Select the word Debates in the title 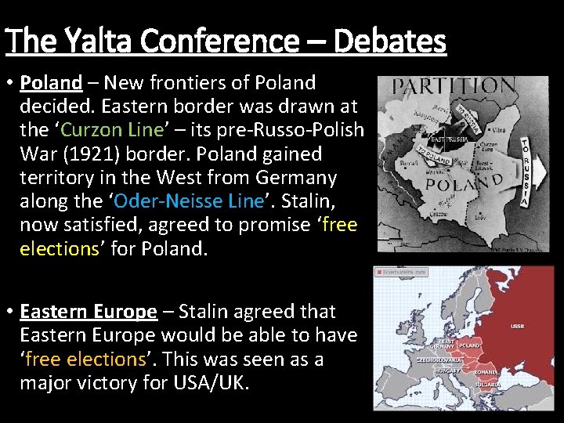point(389,40)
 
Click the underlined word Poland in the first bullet point(51,82)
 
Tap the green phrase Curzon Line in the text point(100,129)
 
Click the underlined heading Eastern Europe point(89,311)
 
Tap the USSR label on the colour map point(517,326)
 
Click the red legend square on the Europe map point(378,272)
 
